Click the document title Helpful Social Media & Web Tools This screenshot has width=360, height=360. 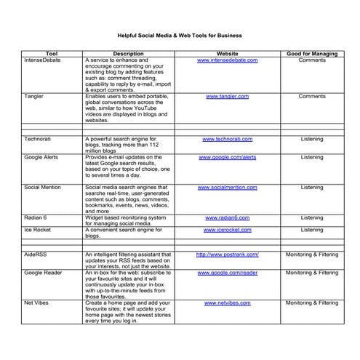[180, 35]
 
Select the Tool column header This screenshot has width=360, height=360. [52, 54]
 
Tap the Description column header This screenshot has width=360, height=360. [128, 54]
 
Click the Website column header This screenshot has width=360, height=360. [227, 54]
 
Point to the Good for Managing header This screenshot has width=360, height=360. [312, 54]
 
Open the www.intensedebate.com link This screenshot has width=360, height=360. [227, 60]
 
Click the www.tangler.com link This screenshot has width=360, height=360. [227, 96]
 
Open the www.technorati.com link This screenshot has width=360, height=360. [227, 138]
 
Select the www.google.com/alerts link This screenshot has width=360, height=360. [227, 156]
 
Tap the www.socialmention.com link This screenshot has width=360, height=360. [227, 187]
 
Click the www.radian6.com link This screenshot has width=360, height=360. [227, 217]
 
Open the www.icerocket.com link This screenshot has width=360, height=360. [227, 230]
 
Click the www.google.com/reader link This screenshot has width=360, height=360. [227, 272]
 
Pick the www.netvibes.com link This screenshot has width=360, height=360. [227, 302]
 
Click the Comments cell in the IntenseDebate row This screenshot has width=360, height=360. [312, 60]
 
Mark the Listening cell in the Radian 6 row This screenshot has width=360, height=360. [312, 217]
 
